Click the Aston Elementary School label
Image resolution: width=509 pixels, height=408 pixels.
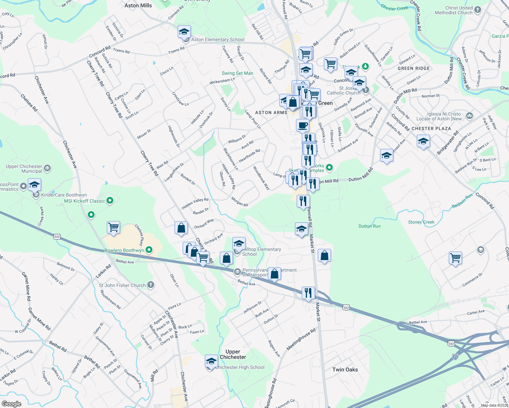pos(218,39)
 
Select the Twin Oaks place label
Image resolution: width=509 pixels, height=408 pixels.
pos(345,370)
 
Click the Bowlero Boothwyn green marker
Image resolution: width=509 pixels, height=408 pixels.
pos(149,250)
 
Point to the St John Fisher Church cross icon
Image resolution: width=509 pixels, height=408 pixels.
pos(150,285)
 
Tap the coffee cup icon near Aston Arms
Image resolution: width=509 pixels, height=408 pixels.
pos(302,125)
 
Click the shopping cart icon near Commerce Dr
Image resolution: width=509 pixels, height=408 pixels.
pos(455,257)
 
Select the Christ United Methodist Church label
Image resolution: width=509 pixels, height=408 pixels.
pos(454,10)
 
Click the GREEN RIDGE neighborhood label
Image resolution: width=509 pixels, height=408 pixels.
pos(414,68)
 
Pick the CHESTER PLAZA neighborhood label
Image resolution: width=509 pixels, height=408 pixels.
pos(431,129)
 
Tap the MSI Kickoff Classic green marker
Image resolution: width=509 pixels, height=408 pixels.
pos(110,201)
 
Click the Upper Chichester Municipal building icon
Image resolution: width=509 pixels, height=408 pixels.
pos(47,168)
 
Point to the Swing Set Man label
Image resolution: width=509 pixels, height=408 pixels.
pos(237,73)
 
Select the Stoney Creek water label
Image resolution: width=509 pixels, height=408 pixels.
pos(421,222)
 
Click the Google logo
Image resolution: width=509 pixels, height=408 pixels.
pos(12,404)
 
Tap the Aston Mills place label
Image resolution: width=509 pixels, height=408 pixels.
pos(138,5)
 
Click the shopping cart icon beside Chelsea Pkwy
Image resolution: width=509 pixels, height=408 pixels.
pos(113,227)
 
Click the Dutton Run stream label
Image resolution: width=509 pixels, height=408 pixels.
pos(370,226)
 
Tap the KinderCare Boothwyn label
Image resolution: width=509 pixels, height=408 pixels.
pos(64,195)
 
